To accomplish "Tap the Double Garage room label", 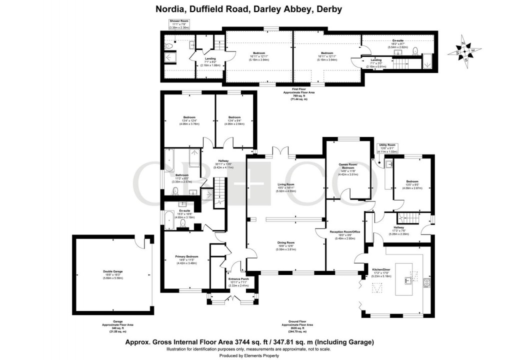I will point(113,271).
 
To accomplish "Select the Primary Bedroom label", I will point(186,256).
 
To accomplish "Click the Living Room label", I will point(286,184).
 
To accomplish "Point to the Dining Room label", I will point(286,242).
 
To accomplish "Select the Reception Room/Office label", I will point(344,231).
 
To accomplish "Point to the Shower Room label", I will point(177,21).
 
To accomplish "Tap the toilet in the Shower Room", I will point(169,46).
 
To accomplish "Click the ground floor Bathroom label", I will point(181,175).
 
